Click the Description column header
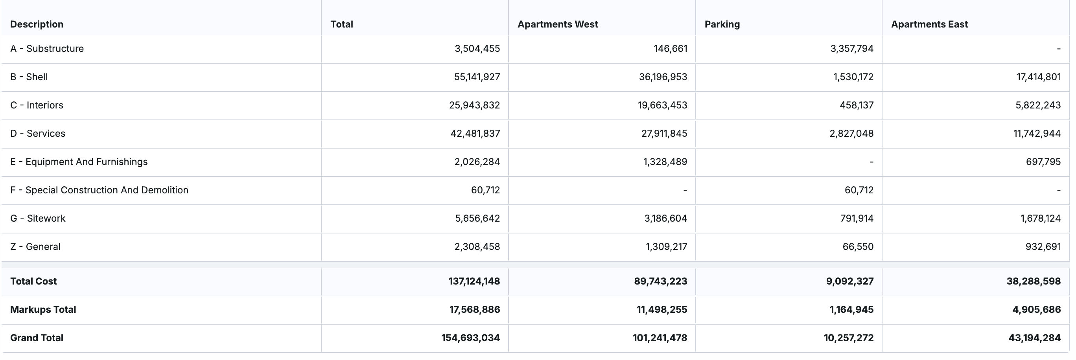pos(37,24)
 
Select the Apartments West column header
pos(557,24)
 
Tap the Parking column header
pos(722,24)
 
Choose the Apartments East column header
pos(929,24)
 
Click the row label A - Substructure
pos(47,48)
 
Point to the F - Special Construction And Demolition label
pos(99,190)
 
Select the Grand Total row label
pos(37,338)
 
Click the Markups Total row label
pos(43,309)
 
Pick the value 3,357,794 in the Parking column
pos(851,48)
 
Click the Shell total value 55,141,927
pos(477,77)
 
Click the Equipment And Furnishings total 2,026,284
pos(477,162)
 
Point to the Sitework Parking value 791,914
pos(856,219)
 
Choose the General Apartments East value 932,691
pos(1043,247)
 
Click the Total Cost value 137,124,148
pos(474,281)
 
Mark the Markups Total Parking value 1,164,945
pos(851,309)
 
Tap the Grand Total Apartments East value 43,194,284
pos(1034,338)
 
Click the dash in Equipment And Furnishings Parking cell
pos(871,162)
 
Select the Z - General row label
pos(35,247)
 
